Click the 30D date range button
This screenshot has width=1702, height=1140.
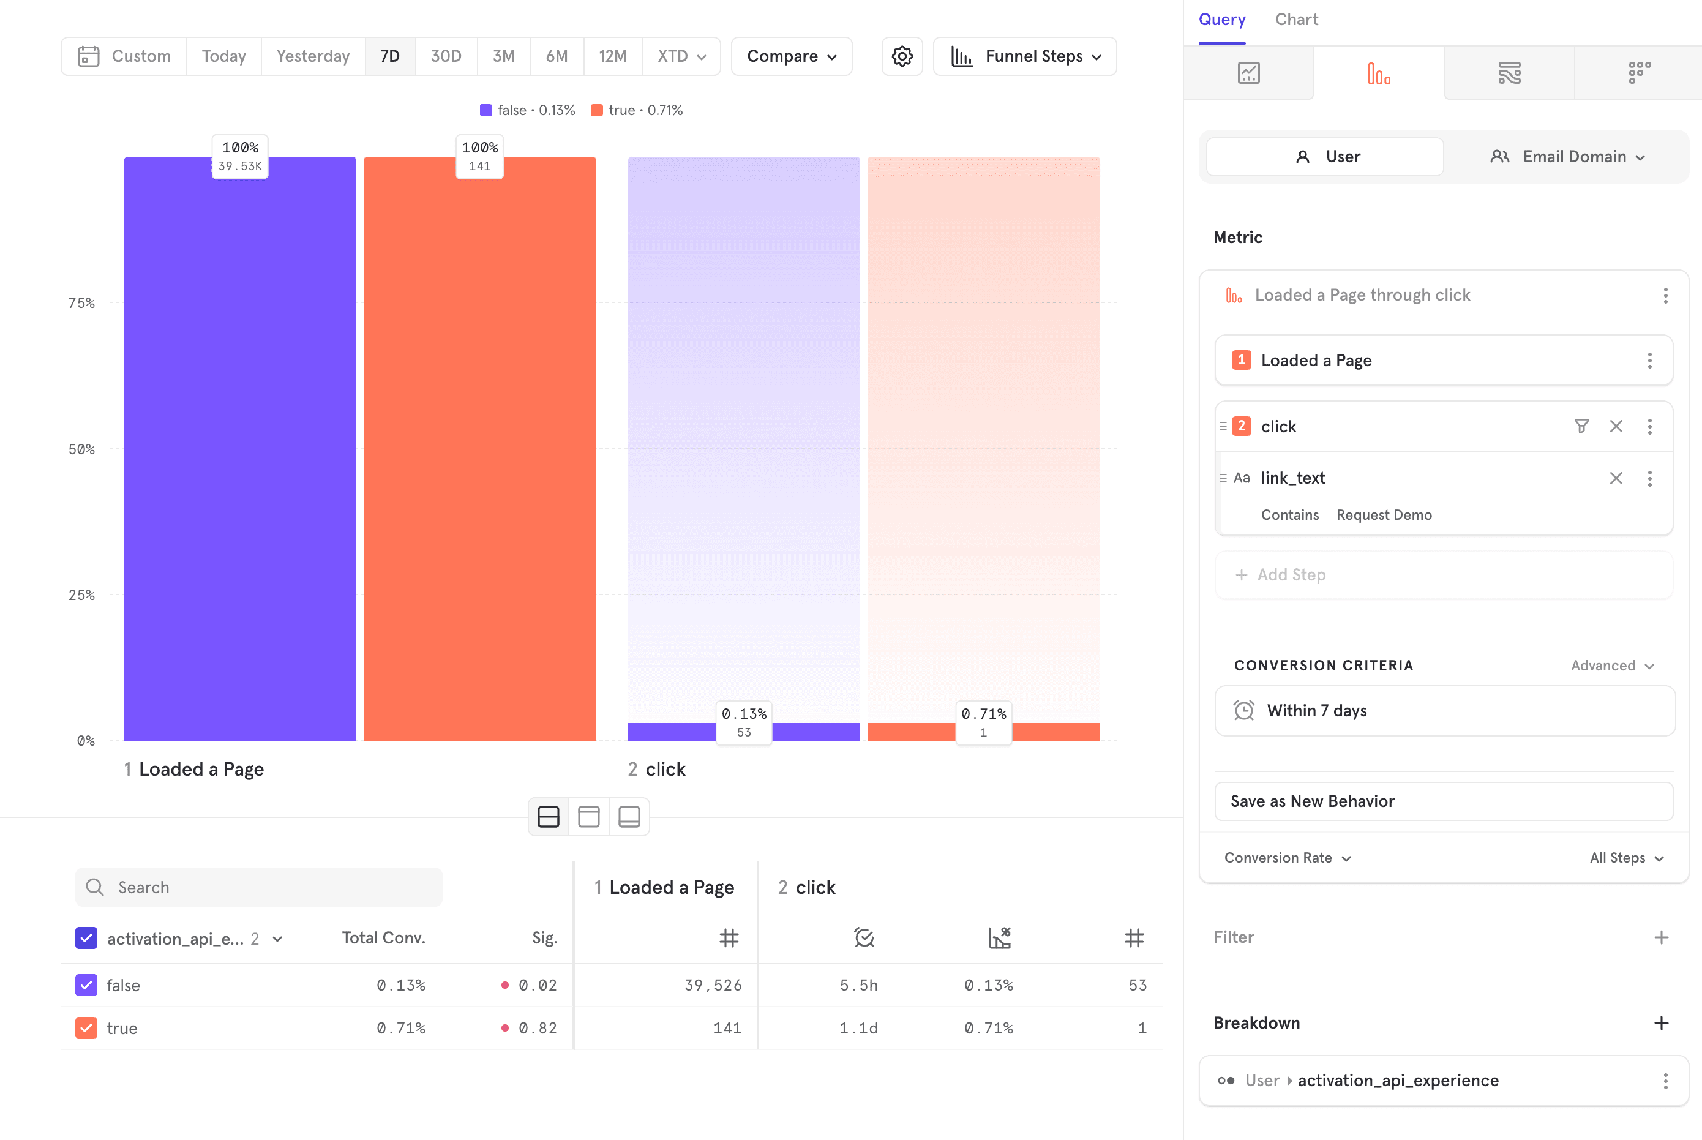pos(446,56)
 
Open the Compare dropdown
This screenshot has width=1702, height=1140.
pos(791,56)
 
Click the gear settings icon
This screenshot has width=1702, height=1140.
pos(902,56)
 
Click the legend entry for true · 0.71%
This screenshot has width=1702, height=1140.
pos(637,110)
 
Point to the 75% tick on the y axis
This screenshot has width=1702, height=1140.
pos(81,303)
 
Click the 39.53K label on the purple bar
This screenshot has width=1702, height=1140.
pos(240,166)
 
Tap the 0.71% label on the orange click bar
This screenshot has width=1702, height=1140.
pos(983,714)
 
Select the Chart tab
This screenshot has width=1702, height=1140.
pos(1295,20)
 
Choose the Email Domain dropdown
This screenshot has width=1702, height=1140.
pos(1567,156)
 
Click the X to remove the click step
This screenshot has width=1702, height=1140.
pos(1616,426)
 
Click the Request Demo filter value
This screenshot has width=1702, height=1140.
pos(1384,515)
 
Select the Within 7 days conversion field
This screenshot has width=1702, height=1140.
pos(1443,710)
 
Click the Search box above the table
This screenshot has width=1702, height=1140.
pos(259,887)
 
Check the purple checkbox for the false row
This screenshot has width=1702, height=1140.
pos(86,985)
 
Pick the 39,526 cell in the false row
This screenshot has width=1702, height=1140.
pos(713,985)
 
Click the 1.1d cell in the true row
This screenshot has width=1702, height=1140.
pos(858,1028)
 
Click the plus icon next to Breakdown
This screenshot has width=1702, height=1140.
pos(1660,1023)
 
